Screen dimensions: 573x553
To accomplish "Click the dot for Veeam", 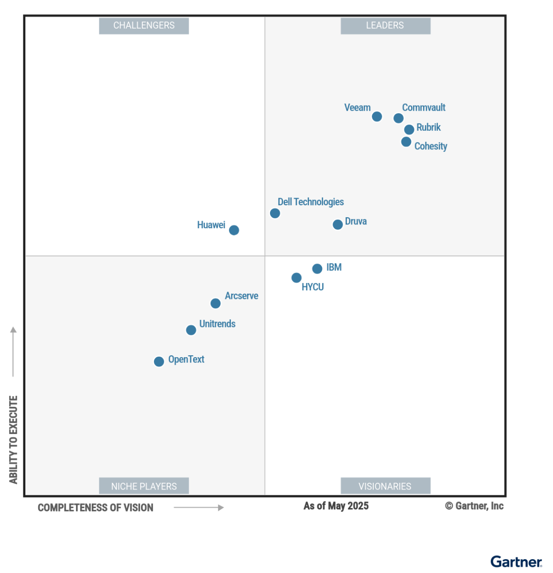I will click(x=377, y=117).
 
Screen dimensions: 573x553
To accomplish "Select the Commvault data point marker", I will click(x=399, y=118).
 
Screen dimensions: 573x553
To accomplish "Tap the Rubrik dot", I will click(x=409, y=129).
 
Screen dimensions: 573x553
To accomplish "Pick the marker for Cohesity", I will click(x=406, y=142).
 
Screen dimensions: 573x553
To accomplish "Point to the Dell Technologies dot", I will click(x=275, y=213).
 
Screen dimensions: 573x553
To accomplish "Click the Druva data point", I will click(x=337, y=224).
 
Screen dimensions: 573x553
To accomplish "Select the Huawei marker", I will click(x=234, y=230).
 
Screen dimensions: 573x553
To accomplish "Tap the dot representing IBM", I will click(x=317, y=269).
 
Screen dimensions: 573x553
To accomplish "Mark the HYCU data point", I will click(x=296, y=277).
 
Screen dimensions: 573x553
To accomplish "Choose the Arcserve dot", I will click(x=216, y=303).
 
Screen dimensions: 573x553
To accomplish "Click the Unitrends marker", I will click(x=191, y=330).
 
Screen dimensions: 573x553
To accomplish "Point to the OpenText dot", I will click(x=159, y=361).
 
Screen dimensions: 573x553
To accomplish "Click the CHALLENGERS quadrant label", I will click(x=144, y=26).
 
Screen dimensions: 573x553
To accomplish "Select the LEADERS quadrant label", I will click(x=385, y=26).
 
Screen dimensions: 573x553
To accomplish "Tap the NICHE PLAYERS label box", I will click(x=144, y=486).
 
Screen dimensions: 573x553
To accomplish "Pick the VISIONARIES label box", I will click(x=385, y=486).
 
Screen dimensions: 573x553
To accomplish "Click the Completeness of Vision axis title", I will click(x=96, y=508).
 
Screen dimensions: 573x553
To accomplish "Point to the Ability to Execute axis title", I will click(x=13, y=439).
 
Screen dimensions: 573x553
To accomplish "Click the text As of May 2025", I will click(x=336, y=506).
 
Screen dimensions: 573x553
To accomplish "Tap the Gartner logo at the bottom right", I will click(x=516, y=562).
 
